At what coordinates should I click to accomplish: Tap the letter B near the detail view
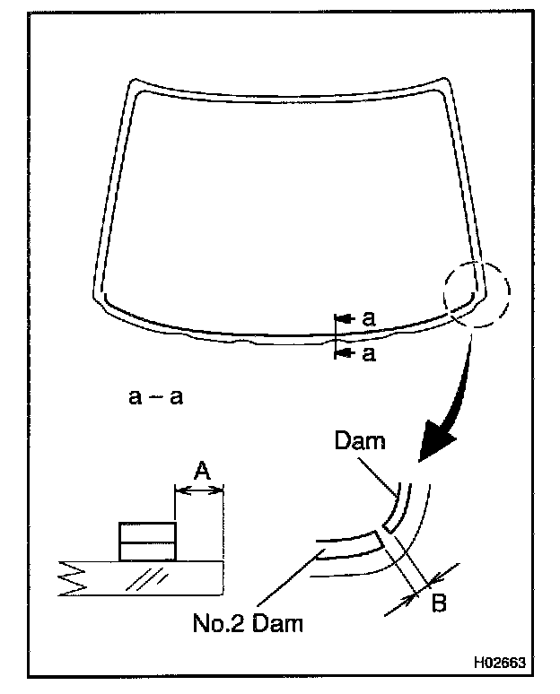439,603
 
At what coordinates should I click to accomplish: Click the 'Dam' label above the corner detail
359,441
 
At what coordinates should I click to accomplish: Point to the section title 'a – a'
155,395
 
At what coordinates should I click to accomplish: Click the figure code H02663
500,665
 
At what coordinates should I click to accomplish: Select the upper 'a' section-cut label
368,317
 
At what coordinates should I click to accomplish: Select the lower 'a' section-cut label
368,354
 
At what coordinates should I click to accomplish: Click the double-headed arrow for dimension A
199,490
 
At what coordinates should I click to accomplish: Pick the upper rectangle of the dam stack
147,533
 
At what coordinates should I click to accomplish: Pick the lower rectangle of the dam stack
147,551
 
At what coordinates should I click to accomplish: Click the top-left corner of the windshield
133,85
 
